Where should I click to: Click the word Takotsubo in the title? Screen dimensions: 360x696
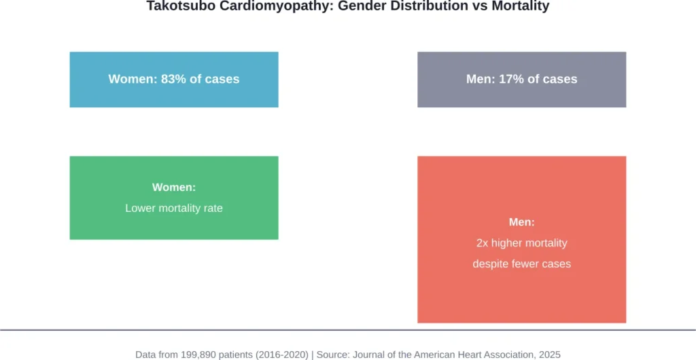(x=175, y=7)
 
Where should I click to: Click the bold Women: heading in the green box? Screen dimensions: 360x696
(x=174, y=187)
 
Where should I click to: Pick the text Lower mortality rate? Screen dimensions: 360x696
(x=174, y=208)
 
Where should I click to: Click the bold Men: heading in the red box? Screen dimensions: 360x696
(x=521, y=222)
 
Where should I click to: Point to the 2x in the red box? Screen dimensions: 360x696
(x=483, y=242)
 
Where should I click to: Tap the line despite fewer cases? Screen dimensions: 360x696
(x=521, y=264)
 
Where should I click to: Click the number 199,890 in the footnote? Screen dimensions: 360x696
(x=203, y=354)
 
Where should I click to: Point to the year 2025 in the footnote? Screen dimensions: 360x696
(x=549, y=354)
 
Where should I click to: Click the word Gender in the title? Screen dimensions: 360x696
(x=341, y=7)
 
